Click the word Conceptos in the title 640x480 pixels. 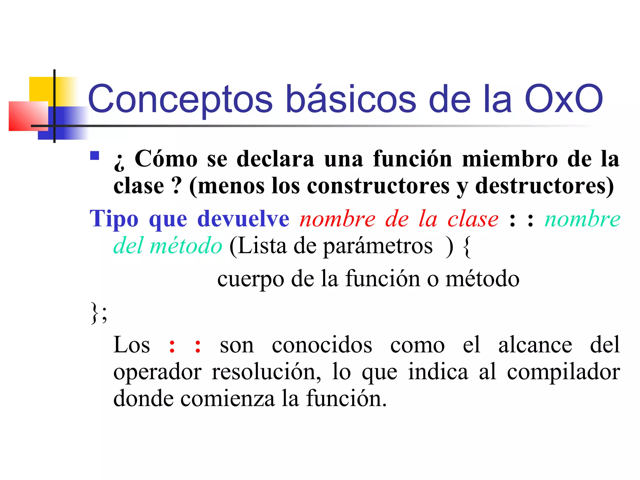click(x=180, y=99)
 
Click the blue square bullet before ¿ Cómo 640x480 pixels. click(x=95, y=156)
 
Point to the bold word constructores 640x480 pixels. click(x=378, y=186)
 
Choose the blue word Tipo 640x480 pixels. click(x=114, y=219)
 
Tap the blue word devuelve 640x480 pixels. click(x=243, y=219)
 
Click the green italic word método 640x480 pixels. click(x=186, y=246)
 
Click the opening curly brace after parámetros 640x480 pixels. click(x=467, y=247)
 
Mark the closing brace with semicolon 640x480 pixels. click(x=99, y=312)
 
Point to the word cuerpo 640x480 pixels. click(x=251, y=279)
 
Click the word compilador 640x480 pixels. click(x=563, y=372)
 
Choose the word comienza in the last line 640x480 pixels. click(x=227, y=399)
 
